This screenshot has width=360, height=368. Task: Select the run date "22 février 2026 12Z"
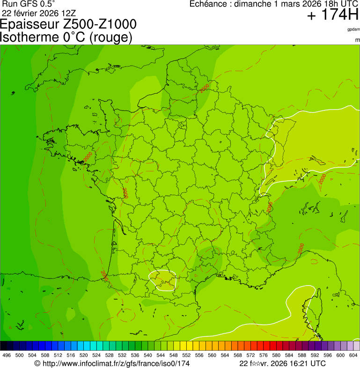coord(39,13)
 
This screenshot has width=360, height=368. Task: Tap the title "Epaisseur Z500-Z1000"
coord(69,24)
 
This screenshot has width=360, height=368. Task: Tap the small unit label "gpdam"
coord(353,29)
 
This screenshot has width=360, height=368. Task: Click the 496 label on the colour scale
coord(7,356)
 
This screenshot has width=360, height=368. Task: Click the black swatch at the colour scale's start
coord(4,346)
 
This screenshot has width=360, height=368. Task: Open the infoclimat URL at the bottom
coord(112,363)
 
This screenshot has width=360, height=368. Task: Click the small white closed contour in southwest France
coord(162,280)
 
